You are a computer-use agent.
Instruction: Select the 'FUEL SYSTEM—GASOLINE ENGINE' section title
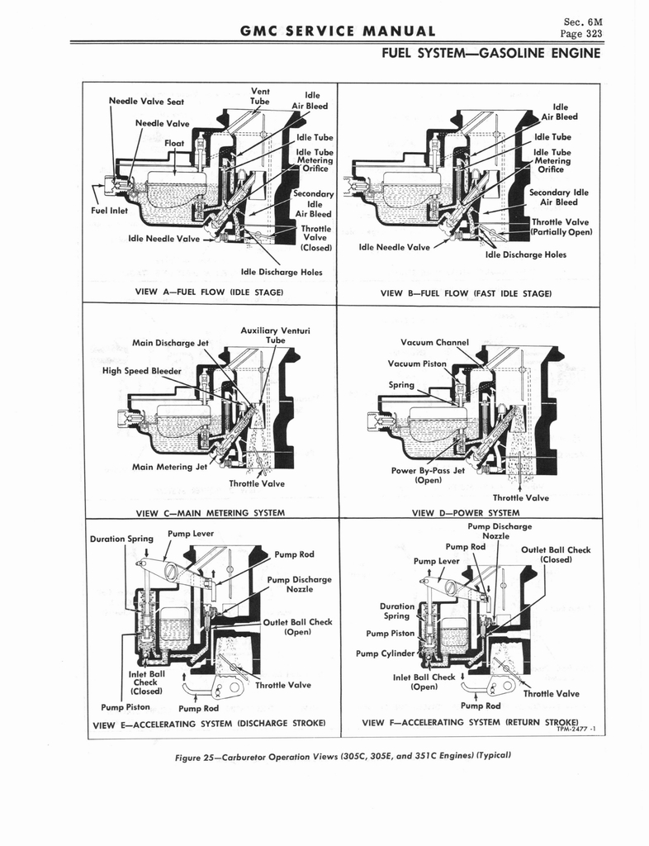coord(490,55)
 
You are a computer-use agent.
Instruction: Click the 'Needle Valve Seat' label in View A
coord(146,102)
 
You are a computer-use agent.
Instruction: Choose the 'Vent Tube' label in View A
coord(260,96)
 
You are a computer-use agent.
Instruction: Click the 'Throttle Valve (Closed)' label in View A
coord(315,237)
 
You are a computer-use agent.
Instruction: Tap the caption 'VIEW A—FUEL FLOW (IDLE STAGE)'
coord(209,292)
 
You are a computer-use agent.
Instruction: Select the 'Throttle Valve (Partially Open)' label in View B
coord(561,226)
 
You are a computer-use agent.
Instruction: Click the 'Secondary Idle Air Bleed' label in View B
coord(558,197)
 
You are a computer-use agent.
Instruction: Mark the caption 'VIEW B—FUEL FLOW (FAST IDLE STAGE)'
coord(466,292)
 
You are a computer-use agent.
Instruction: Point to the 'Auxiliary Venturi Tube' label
coord(275,335)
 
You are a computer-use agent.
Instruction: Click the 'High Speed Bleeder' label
coord(141,370)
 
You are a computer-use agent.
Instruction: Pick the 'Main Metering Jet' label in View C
coord(169,467)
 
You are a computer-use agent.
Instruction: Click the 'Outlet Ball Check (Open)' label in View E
coord(296,627)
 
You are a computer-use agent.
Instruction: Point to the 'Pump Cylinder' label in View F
coord(386,653)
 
